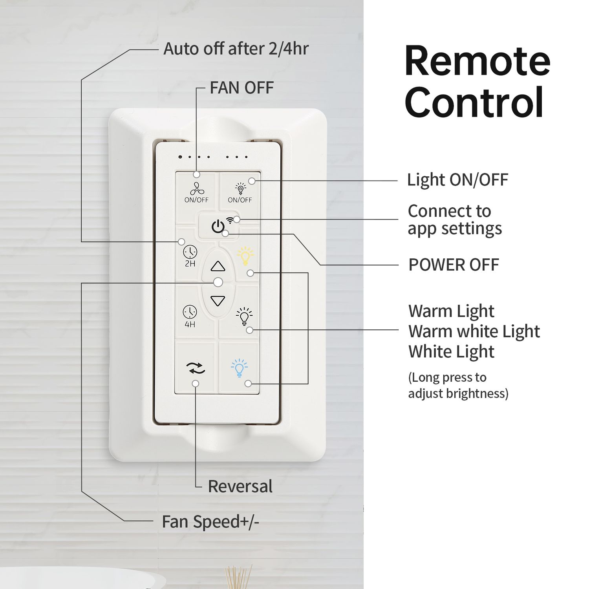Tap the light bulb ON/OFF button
240,188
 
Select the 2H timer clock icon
190,252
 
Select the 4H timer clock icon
190,312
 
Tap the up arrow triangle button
218,267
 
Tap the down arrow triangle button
218,301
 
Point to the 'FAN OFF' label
241,88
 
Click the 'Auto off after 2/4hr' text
236,49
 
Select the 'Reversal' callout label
240,487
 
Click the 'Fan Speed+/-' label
210,522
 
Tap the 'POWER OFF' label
454,265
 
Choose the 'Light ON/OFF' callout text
457,180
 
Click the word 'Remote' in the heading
477,61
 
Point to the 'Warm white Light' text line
474,331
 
